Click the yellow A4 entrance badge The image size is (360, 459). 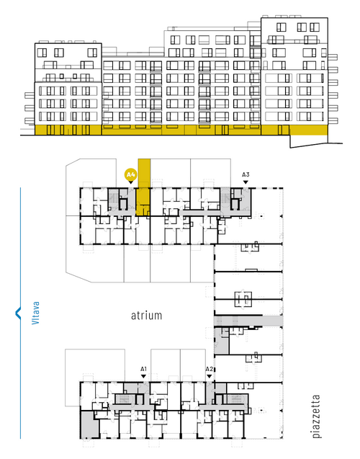[130, 175]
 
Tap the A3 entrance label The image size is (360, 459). [246, 174]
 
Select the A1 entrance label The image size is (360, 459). [143, 369]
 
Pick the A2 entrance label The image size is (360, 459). [209, 369]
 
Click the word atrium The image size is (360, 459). [146, 316]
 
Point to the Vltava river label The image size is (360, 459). [35, 313]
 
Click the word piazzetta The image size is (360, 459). [316, 416]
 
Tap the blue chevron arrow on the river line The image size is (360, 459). [18, 313]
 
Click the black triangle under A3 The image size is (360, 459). [246, 182]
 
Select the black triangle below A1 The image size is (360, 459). [143, 376]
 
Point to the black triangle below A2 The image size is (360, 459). [209, 376]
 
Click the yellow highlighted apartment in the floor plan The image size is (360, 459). [144, 187]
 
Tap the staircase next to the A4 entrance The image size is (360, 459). [114, 198]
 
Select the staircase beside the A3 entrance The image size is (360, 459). [225, 198]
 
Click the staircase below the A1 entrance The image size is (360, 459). [125, 399]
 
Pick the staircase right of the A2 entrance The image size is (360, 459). [235, 399]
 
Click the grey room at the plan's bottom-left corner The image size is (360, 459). [89, 424]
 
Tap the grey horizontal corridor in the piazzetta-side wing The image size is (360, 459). [248, 321]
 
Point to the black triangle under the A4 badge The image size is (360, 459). [131, 182]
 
